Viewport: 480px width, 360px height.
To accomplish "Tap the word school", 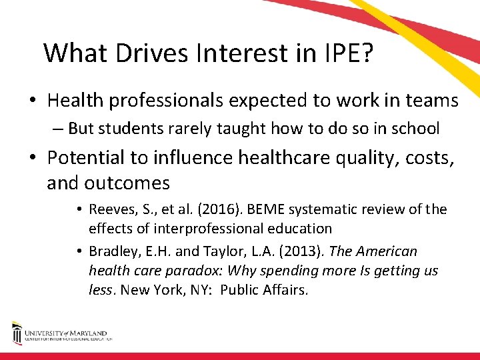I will (415, 128).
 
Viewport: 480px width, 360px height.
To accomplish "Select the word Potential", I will (89, 158).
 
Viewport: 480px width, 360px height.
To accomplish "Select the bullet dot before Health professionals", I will (33, 101).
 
